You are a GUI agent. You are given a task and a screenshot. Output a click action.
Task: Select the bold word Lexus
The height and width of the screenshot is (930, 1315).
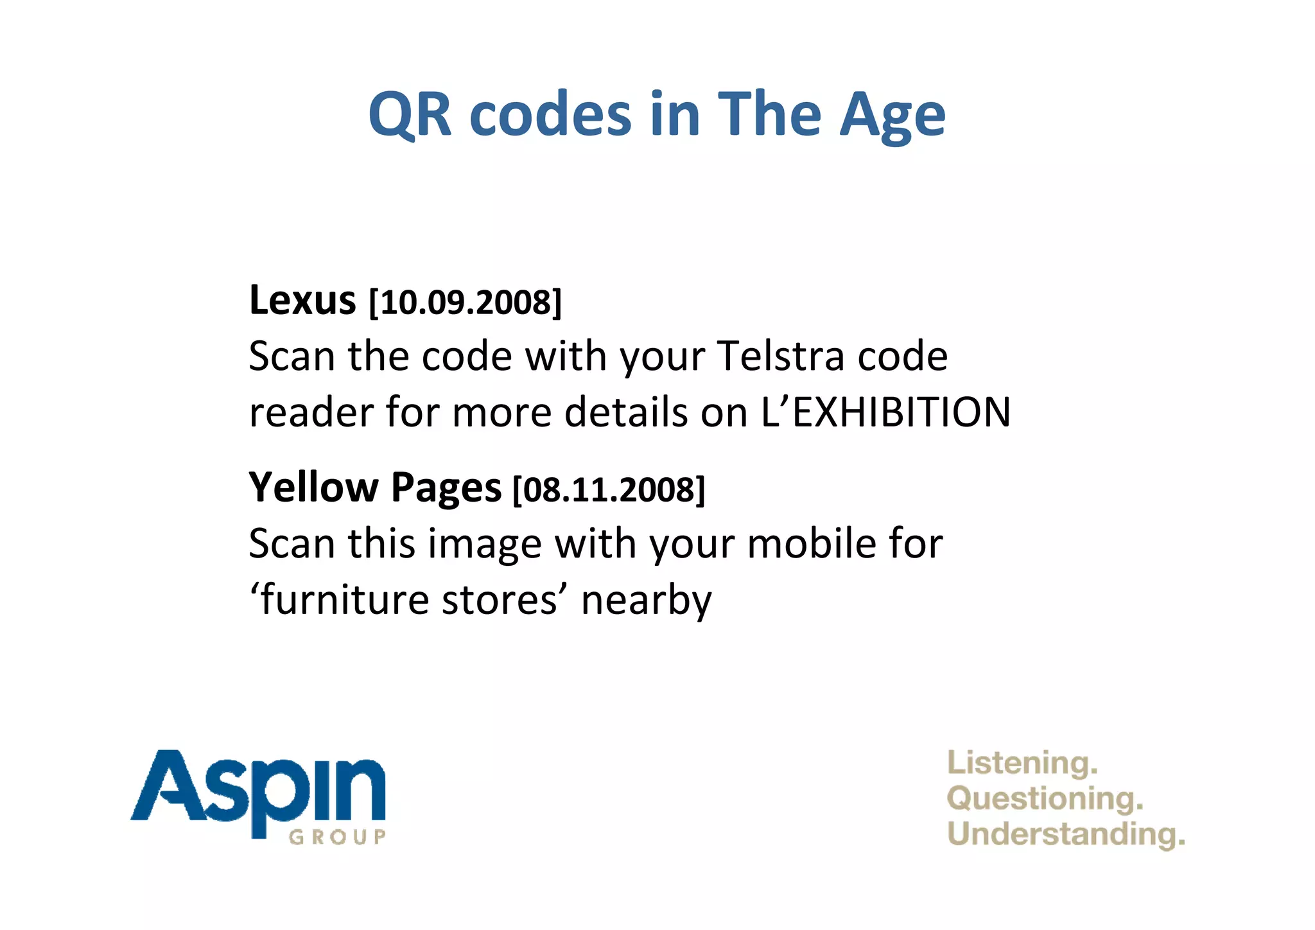coord(302,300)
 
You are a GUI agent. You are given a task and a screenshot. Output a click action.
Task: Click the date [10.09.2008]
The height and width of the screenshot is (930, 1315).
coord(466,303)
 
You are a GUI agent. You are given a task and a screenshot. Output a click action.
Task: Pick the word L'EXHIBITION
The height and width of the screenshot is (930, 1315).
coord(886,412)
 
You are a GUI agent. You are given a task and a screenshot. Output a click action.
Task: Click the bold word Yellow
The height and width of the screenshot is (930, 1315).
coord(313,487)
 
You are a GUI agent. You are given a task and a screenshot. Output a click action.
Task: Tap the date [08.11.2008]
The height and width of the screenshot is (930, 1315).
coord(609,490)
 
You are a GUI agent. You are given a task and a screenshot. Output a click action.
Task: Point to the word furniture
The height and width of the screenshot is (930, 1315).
coord(344,600)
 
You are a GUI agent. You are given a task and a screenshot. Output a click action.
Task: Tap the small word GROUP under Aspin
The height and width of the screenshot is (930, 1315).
coord(337,837)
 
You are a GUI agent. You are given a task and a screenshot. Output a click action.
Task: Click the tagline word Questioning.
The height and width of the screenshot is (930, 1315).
coord(1045,799)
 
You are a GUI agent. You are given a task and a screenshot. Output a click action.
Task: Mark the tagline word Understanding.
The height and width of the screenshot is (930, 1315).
coord(1065,834)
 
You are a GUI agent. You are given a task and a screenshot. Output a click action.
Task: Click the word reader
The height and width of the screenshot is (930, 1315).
coord(311,412)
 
